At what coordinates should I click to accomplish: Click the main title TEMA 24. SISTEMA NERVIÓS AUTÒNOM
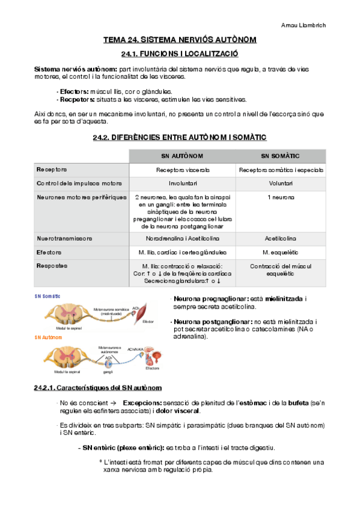(x=180, y=40)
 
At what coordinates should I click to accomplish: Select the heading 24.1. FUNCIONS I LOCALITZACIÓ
(x=180, y=54)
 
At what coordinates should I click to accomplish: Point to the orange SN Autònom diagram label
(x=49, y=338)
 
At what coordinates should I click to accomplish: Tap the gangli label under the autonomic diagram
(x=108, y=372)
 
